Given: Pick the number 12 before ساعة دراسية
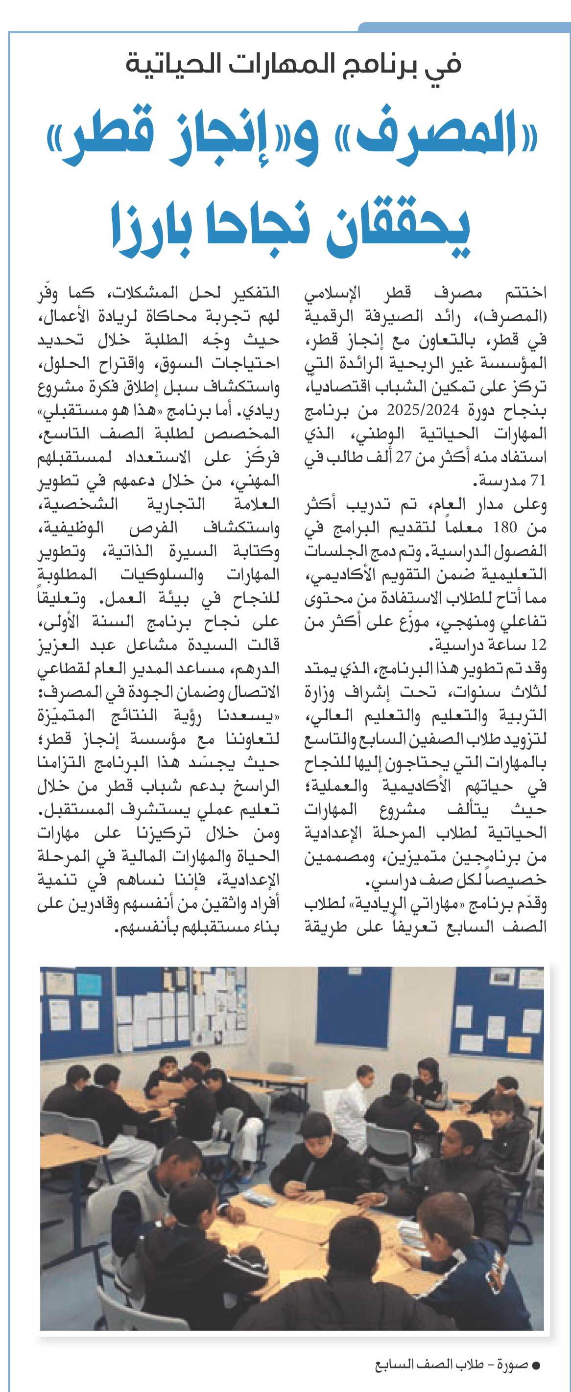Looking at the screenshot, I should point(539,645).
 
